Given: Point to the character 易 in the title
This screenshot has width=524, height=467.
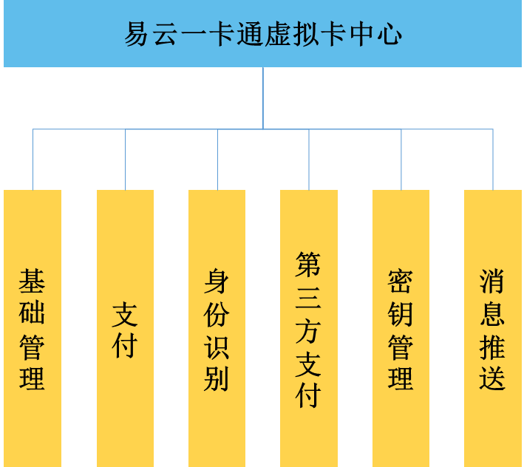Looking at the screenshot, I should (x=137, y=35).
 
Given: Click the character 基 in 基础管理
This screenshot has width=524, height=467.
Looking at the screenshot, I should (x=33, y=282).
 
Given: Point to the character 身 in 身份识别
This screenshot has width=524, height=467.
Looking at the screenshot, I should (x=217, y=282).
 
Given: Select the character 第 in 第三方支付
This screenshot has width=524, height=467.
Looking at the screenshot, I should (x=308, y=265).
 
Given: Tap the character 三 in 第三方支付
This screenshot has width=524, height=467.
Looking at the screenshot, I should (x=308, y=298).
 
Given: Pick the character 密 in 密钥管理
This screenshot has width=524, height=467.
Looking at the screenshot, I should (x=401, y=282).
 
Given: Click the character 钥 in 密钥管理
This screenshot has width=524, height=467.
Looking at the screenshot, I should (x=401, y=314).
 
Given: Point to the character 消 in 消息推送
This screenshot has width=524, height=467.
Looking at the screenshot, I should (x=492, y=282).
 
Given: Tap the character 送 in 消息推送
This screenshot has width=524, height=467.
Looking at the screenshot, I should (x=492, y=379).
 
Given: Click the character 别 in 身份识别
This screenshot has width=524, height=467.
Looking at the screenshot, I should (x=217, y=379).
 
